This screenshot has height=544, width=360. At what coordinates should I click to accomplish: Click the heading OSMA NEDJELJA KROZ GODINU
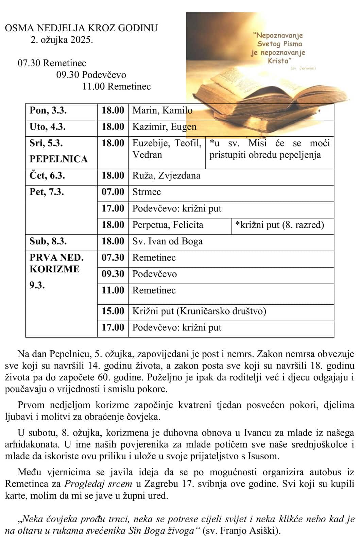(81, 28)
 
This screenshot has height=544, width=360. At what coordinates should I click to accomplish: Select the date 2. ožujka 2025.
(62, 40)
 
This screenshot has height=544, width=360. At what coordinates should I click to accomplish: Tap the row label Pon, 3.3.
(48, 111)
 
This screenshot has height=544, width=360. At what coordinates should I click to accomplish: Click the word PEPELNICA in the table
(58, 159)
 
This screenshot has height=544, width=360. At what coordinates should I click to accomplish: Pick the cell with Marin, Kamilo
(162, 111)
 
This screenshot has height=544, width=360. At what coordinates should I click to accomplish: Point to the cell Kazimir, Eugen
(164, 127)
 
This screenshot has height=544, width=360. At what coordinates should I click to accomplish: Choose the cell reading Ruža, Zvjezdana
(166, 176)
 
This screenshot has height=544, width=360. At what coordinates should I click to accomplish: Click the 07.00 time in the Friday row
(113, 192)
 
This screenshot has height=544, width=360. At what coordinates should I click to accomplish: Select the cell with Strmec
(147, 192)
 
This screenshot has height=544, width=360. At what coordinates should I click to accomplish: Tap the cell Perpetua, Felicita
(168, 225)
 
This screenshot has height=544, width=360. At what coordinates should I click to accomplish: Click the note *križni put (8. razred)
(279, 225)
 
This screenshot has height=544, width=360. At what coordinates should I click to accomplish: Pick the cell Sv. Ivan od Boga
(167, 241)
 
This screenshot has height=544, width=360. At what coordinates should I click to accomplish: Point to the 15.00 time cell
(113, 311)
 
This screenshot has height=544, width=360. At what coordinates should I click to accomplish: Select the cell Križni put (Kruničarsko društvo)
(199, 311)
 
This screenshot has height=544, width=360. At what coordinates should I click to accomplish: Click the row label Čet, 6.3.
(48, 176)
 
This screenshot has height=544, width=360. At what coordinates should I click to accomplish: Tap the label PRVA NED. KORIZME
(56, 263)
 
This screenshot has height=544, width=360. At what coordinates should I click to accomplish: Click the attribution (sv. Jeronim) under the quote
(303, 68)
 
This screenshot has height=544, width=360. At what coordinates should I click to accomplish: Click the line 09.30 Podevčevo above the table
(91, 75)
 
